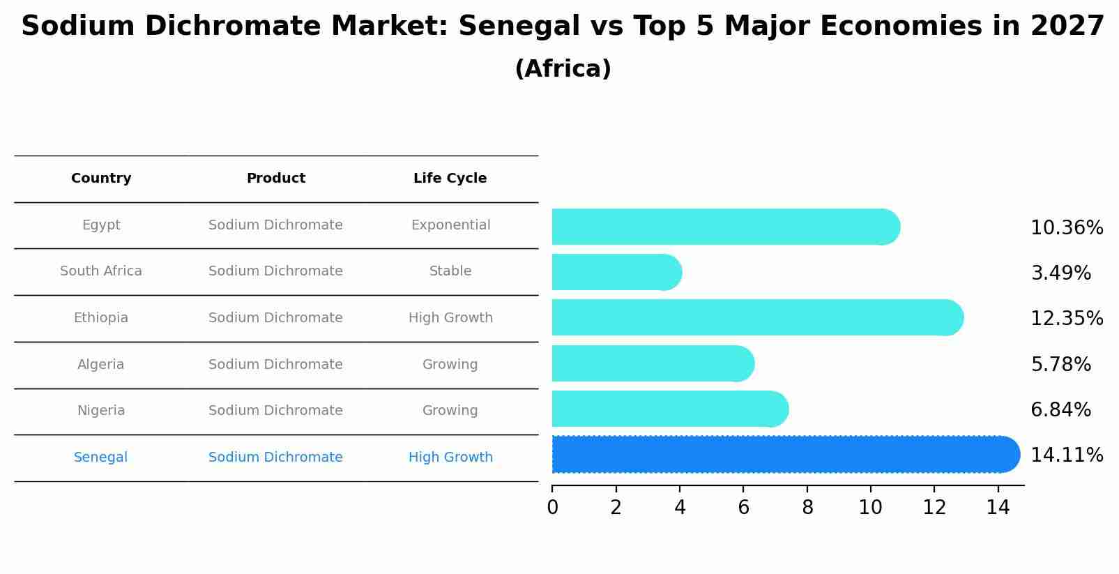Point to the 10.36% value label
[x=1066, y=228]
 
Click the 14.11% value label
[x=1066, y=455]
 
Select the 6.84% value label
[x=1060, y=410]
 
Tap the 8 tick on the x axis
[x=807, y=508]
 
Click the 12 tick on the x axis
[x=934, y=508]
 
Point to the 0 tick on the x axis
[x=552, y=508]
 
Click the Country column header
[x=101, y=179]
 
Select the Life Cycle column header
[x=450, y=179]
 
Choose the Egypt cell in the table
[x=101, y=225]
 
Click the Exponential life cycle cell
[x=450, y=225]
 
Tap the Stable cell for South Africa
[x=450, y=271]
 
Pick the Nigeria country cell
[x=101, y=411]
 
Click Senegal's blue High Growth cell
[x=450, y=458]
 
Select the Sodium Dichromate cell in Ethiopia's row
[x=275, y=318]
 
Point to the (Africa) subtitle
[x=563, y=69]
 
